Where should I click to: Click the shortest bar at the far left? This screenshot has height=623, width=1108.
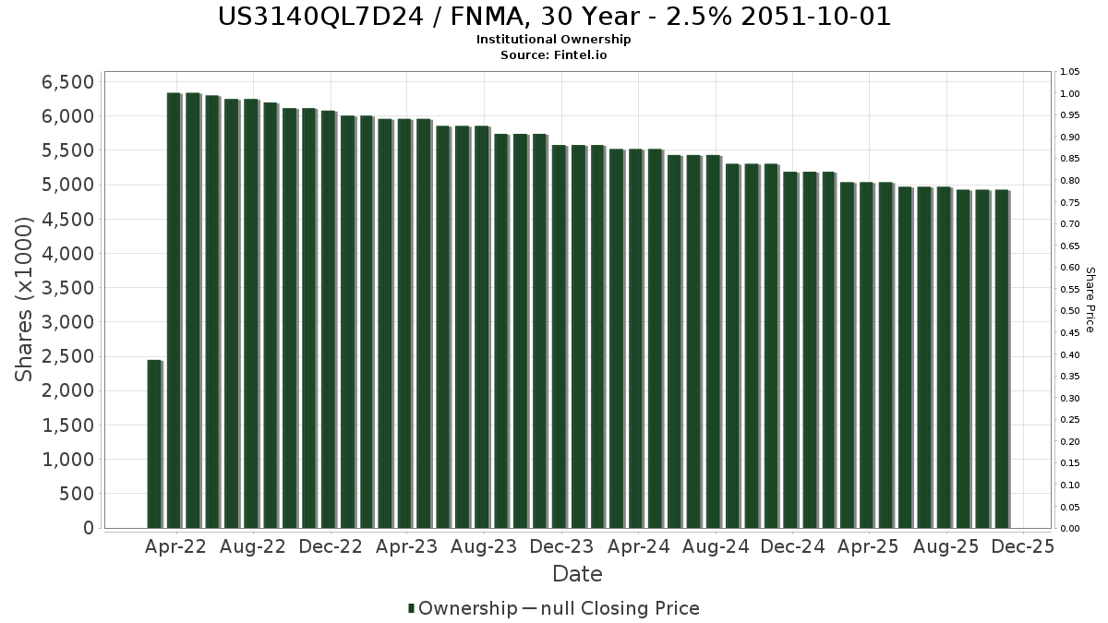pos(154,443)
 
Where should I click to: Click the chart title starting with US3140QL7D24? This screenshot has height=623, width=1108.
pos(554,17)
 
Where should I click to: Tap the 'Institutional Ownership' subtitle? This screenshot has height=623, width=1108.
pos(554,40)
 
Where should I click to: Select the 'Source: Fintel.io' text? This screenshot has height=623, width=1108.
pos(554,54)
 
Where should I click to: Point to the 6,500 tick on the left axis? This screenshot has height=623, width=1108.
pos(68,82)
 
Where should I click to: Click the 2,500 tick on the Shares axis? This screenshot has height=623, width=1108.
pos(68,357)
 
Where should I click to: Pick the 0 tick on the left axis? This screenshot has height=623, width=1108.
pos(89,528)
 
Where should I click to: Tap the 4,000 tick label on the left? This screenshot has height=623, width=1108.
pos(68,254)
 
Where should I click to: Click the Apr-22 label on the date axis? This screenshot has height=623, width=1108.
pos(175,546)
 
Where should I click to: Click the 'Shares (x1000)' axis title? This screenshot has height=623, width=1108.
pos(25,299)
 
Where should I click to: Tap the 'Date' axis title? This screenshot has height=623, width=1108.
pos(577,574)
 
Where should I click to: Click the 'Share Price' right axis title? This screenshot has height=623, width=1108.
pos(1090,299)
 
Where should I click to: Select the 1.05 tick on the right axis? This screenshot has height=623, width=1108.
pos(1070,72)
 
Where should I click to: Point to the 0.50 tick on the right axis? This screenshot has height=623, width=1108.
pos(1070,311)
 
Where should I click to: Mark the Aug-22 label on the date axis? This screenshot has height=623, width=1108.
pos(253,546)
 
